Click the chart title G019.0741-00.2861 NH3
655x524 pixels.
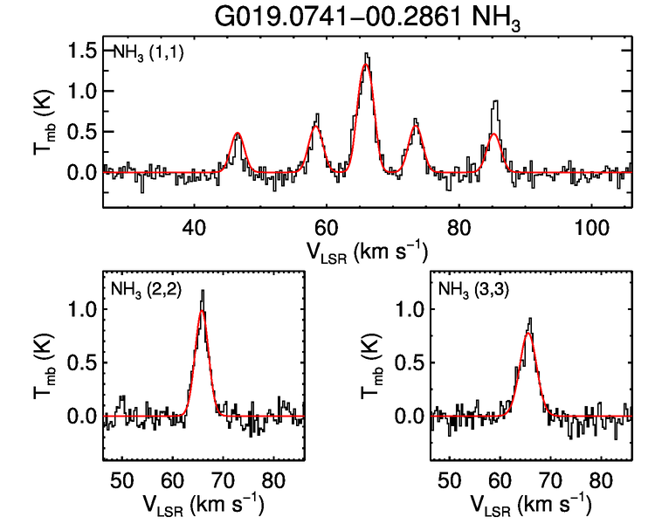tap(369, 17)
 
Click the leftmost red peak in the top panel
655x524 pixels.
tap(238, 134)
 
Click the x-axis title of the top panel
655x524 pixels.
tap(367, 251)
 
